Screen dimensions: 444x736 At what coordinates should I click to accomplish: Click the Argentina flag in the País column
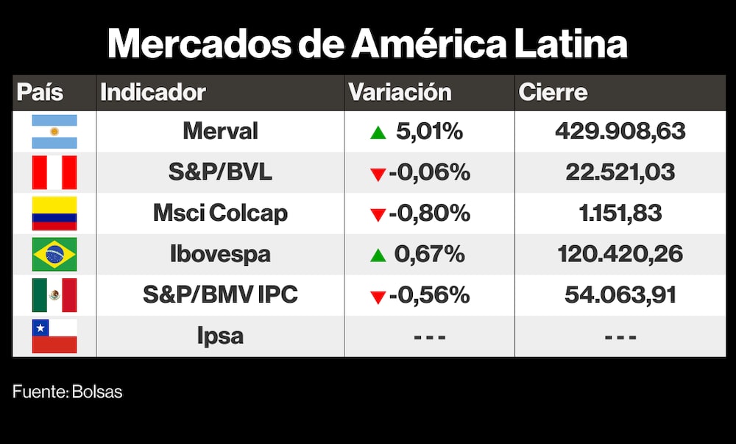coord(54,132)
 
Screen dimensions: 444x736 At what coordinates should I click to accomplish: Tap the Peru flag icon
coord(54,172)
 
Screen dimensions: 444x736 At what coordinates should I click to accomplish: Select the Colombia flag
coord(54,214)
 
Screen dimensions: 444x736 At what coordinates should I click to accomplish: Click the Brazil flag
coord(54,255)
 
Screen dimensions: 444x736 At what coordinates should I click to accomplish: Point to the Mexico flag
coord(54,295)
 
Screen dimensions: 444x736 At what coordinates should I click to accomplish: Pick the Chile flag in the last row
coord(54,336)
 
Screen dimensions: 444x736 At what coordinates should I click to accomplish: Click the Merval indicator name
coord(220,132)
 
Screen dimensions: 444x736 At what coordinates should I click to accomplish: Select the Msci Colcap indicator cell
coord(220,214)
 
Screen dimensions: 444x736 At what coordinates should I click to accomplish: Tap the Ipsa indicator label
coord(220,336)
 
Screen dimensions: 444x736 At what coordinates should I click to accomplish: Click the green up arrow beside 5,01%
coord(378,133)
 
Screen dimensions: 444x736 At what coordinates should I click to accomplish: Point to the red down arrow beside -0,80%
coord(378,215)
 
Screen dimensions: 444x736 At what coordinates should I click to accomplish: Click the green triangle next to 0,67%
coord(378,256)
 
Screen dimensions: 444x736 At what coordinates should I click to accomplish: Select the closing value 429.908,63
coord(620,132)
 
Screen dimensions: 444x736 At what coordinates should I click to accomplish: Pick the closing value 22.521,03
coord(620,172)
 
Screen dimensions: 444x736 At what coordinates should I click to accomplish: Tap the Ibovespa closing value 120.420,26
coord(620,255)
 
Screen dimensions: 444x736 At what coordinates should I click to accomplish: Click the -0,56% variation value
coord(429,295)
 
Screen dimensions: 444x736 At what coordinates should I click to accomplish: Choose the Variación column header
coord(400,93)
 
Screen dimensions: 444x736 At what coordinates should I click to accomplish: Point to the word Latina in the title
coord(567,44)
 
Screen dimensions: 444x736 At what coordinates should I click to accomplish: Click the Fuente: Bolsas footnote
coord(67,392)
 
